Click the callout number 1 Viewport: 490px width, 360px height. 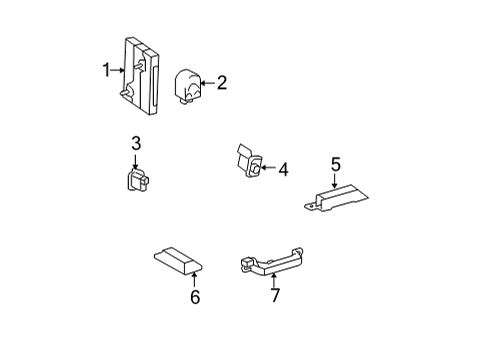tap(105, 70)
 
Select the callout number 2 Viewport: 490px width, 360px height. tap(221, 83)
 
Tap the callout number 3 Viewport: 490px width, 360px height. tap(136, 143)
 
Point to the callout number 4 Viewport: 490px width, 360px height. tap(283, 170)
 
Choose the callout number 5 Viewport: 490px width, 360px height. tap(335, 164)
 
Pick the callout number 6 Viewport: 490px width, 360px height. tap(195, 297)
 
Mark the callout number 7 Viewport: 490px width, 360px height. tap(273, 296)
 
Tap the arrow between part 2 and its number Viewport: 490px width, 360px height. tap(206, 84)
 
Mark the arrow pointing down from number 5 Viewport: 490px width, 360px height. tap(335, 181)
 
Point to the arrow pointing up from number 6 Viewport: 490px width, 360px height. tap(195, 278)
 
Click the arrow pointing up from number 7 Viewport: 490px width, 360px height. tap(273, 280)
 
